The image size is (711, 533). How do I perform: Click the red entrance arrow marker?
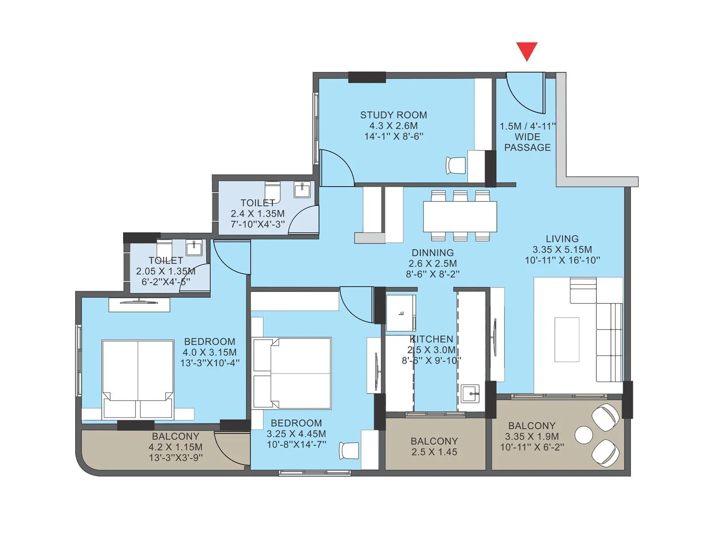[527, 51]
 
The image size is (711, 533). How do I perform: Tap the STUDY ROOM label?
[393, 115]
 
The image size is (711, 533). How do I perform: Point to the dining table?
[460, 216]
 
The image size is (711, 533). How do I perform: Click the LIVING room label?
[562, 239]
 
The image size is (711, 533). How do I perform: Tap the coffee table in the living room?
[567, 340]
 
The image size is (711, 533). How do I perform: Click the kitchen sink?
[470, 393]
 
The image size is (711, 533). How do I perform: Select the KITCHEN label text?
[431, 339]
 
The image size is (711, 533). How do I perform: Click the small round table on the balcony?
[583, 434]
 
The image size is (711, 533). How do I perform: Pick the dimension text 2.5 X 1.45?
[434, 452]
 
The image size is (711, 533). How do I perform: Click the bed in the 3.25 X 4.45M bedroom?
[292, 373]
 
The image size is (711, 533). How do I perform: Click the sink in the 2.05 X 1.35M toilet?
[194, 247]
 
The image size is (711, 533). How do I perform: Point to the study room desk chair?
[456, 166]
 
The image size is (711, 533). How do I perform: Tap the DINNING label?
[432, 252]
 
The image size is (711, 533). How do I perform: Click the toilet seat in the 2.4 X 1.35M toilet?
[272, 191]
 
